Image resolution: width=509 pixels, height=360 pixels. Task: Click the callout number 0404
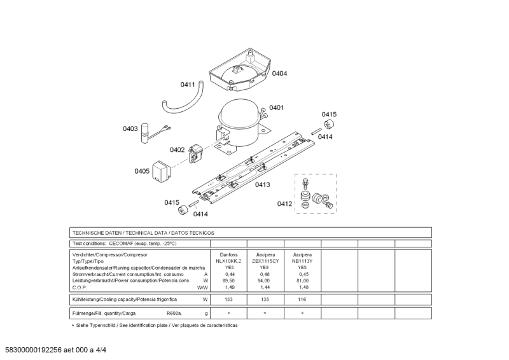(279, 73)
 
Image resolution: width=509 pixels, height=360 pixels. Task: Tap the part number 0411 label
(188, 84)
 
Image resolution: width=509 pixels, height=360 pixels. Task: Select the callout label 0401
(276, 107)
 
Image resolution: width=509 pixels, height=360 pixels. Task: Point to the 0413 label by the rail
(262, 184)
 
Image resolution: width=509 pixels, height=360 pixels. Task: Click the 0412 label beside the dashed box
(284, 204)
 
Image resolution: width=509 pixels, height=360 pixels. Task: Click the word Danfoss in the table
(229, 254)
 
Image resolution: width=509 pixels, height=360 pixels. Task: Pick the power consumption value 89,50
(229, 280)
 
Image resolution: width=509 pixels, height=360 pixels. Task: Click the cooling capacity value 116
(302, 299)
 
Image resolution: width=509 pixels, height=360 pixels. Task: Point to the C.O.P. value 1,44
(265, 287)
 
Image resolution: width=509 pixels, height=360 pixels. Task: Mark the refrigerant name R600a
(174, 314)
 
